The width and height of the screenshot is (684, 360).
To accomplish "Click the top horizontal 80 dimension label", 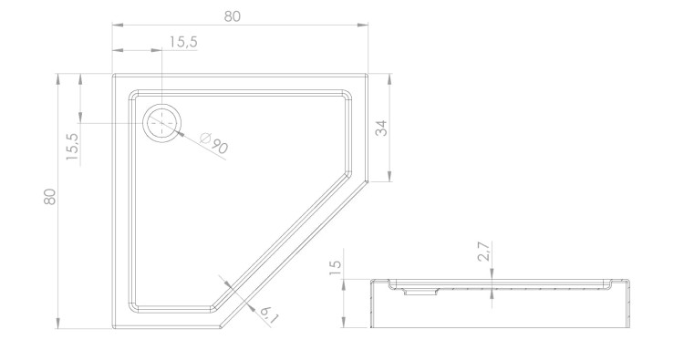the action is pos(232,16).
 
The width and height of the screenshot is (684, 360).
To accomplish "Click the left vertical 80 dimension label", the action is pos(50,197).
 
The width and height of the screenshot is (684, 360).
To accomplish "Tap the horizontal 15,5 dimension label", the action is pos(183,42).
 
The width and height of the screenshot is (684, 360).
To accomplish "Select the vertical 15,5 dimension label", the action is pos(72,147).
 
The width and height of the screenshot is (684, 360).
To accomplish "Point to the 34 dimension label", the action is pos(381,129).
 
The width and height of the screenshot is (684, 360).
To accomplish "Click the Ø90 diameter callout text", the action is pos(213,143).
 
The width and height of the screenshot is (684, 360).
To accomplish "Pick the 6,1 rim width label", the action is pos(269,314).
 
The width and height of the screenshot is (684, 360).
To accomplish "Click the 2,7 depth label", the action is pos(484,252).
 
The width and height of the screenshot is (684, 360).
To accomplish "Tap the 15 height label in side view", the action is pos(336,268).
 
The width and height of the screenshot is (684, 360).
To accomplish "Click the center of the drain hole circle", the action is pos(161,123).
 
